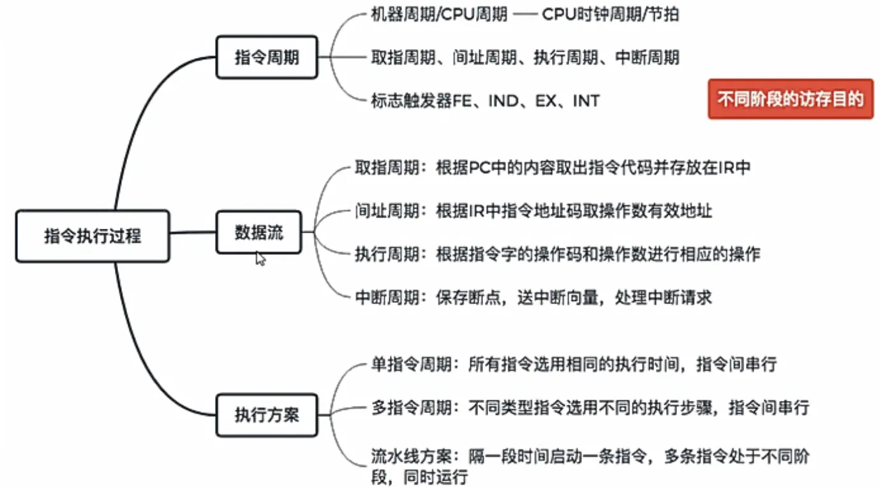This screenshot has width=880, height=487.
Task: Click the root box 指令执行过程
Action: point(93,236)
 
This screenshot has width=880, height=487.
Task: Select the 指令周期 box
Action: point(266,57)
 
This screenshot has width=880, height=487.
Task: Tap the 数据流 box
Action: point(258,233)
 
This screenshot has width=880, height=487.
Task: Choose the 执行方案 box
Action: point(266,416)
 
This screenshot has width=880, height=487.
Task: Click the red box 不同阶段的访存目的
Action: point(790,99)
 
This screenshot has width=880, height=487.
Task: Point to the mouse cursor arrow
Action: point(260,258)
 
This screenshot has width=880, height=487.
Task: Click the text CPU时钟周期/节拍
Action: point(610,15)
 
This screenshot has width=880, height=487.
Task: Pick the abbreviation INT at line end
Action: point(586,101)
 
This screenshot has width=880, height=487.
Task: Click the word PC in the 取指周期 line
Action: point(479,168)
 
